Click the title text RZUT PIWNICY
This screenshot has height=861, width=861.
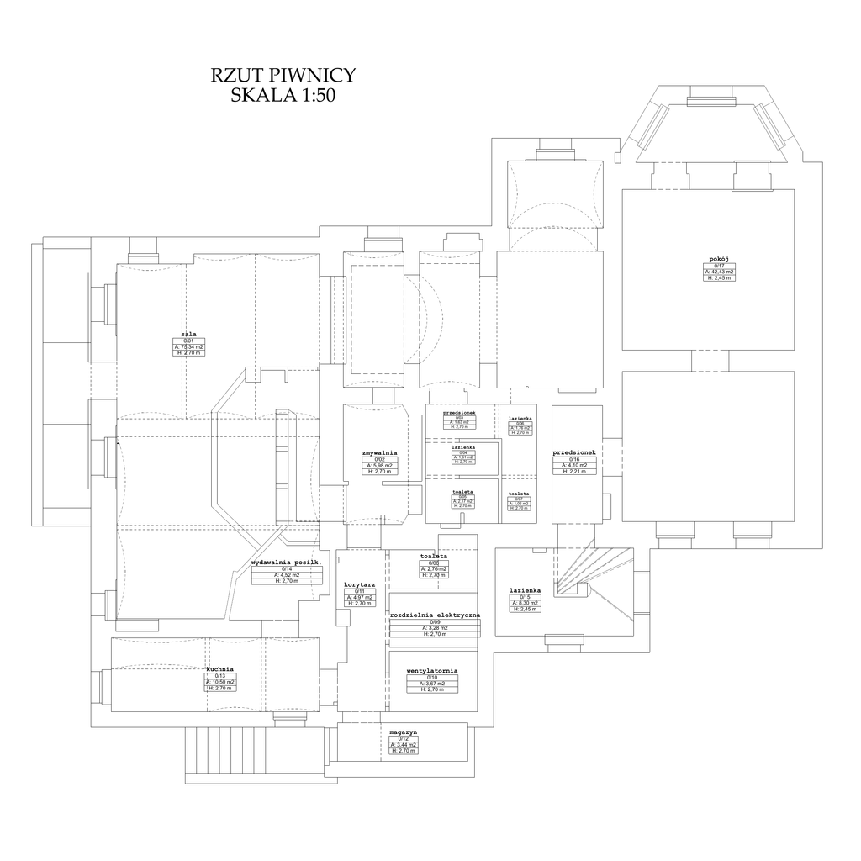(x=283, y=76)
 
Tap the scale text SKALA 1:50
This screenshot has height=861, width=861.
(x=283, y=96)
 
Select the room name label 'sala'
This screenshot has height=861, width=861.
(x=188, y=334)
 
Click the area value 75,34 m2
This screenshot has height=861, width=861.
(x=189, y=346)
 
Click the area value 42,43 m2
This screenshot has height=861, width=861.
(x=719, y=272)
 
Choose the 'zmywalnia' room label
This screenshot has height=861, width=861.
(x=379, y=453)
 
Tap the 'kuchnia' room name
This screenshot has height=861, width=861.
(x=219, y=669)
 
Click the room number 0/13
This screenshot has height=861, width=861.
(x=220, y=676)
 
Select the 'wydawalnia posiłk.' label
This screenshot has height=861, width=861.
(x=287, y=563)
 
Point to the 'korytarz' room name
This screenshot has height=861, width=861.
(x=359, y=584)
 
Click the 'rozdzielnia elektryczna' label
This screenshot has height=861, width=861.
(x=435, y=615)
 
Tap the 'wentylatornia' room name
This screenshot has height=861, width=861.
(x=431, y=671)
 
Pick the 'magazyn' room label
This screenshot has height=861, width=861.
(x=403, y=732)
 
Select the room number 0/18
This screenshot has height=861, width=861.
(x=574, y=459)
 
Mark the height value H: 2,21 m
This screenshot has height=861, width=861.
(x=575, y=472)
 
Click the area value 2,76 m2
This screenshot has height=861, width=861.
(x=434, y=569)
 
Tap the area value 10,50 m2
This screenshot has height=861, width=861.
(x=220, y=682)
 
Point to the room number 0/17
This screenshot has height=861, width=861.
(x=719, y=266)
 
